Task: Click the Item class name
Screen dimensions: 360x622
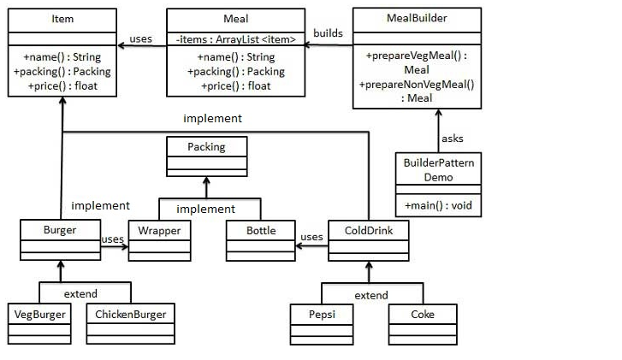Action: (x=62, y=19)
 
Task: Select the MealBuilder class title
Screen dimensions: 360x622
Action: (x=417, y=18)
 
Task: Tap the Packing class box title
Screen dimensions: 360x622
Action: (x=206, y=147)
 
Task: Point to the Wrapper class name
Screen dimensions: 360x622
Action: (x=160, y=231)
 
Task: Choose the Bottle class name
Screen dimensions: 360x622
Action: (x=261, y=231)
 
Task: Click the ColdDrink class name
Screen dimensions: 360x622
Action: (x=369, y=231)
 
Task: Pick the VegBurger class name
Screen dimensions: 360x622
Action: (x=39, y=314)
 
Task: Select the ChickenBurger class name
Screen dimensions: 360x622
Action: (x=131, y=314)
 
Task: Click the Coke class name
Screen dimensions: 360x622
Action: (x=423, y=314)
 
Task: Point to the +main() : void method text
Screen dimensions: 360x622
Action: (x=437, y=206)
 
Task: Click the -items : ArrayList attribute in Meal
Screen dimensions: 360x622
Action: (x=235, y=39)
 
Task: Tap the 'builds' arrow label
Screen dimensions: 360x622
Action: (x=329, y=33)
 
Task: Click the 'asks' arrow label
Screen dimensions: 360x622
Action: (x=452, y=139)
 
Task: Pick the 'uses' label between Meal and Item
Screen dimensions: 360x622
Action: (x=141, y=38)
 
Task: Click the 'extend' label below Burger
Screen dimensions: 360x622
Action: (x=80, y=294)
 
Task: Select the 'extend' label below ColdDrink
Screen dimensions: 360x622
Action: (x=370, y=295)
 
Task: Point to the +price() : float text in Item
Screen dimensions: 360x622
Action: (x=62, y=86)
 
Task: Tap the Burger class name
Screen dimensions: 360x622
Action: (x=60, y=231)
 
